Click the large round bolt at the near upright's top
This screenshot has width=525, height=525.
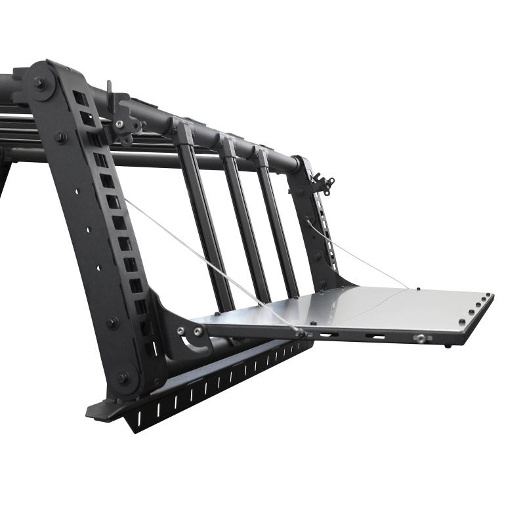(40, 84)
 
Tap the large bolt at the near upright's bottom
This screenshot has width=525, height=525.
(123, 379)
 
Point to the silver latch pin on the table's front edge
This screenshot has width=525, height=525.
(419, 339)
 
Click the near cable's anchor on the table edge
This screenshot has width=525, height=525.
(301, 333)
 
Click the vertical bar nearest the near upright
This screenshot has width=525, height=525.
(203, 217)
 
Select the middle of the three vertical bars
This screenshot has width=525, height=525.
(244, 217)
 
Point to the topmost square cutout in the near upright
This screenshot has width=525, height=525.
(79, 98)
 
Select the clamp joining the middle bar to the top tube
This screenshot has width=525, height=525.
(227, 146)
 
